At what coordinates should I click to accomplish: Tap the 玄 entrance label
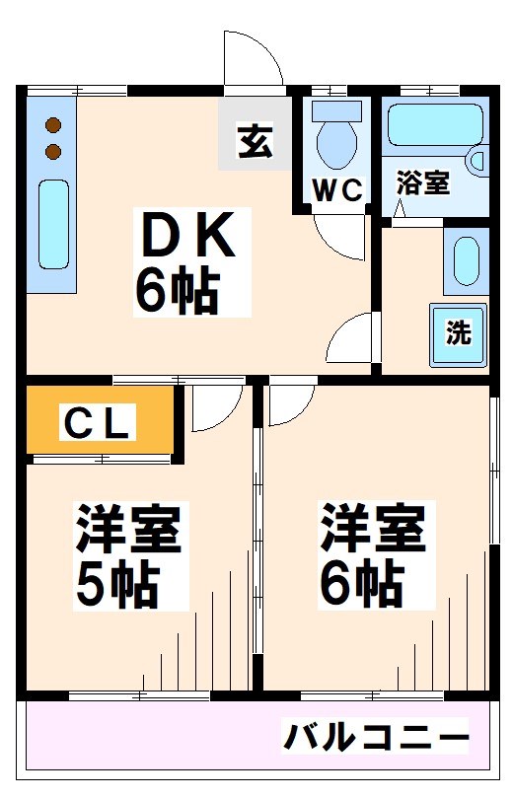(256, 140)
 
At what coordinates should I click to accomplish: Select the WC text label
(337, 190)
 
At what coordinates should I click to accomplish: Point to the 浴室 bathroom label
(423, 182)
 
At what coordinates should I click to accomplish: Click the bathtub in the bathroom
(435, 125)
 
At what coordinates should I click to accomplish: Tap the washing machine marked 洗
(459, 334)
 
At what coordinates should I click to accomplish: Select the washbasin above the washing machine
(466, 261)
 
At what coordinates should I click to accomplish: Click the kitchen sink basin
(53, 224)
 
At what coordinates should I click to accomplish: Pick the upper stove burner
(53, 125)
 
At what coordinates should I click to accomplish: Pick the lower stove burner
(53, 151)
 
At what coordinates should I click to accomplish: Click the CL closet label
(98, 421)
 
